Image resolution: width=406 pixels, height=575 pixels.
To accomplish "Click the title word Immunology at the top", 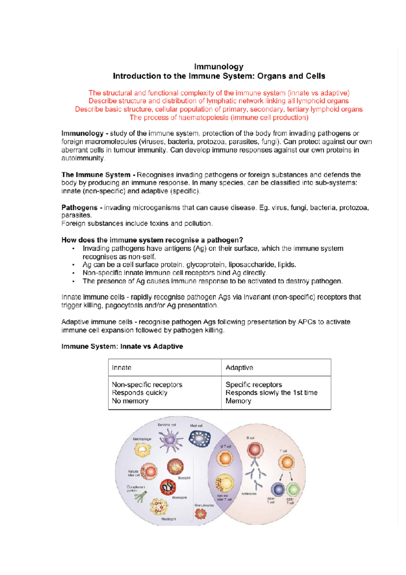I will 219,66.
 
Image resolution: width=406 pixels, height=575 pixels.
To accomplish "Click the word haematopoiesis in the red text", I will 204,118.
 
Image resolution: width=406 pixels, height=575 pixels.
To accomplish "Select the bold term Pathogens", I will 79,207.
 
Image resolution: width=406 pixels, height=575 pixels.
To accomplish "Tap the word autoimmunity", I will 83,158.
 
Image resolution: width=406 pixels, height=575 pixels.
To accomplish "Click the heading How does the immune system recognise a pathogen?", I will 152,240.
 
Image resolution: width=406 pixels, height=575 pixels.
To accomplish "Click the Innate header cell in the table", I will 121,367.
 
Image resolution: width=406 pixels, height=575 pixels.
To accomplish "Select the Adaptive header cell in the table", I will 239,367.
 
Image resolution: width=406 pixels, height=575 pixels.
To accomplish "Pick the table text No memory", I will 130,401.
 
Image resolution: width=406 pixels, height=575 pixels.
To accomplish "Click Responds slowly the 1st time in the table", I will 271,392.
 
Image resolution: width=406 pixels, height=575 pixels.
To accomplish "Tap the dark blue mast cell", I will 200,439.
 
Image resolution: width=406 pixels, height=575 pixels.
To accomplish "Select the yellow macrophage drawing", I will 142,450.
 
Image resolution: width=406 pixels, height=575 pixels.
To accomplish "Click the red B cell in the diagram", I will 255,450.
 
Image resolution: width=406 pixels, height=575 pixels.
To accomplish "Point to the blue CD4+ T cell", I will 278,489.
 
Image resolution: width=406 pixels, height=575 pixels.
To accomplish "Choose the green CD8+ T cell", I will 293,489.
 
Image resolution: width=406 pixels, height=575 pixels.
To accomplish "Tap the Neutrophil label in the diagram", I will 168,519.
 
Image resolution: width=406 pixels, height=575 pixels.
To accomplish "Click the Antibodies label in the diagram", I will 249,494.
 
